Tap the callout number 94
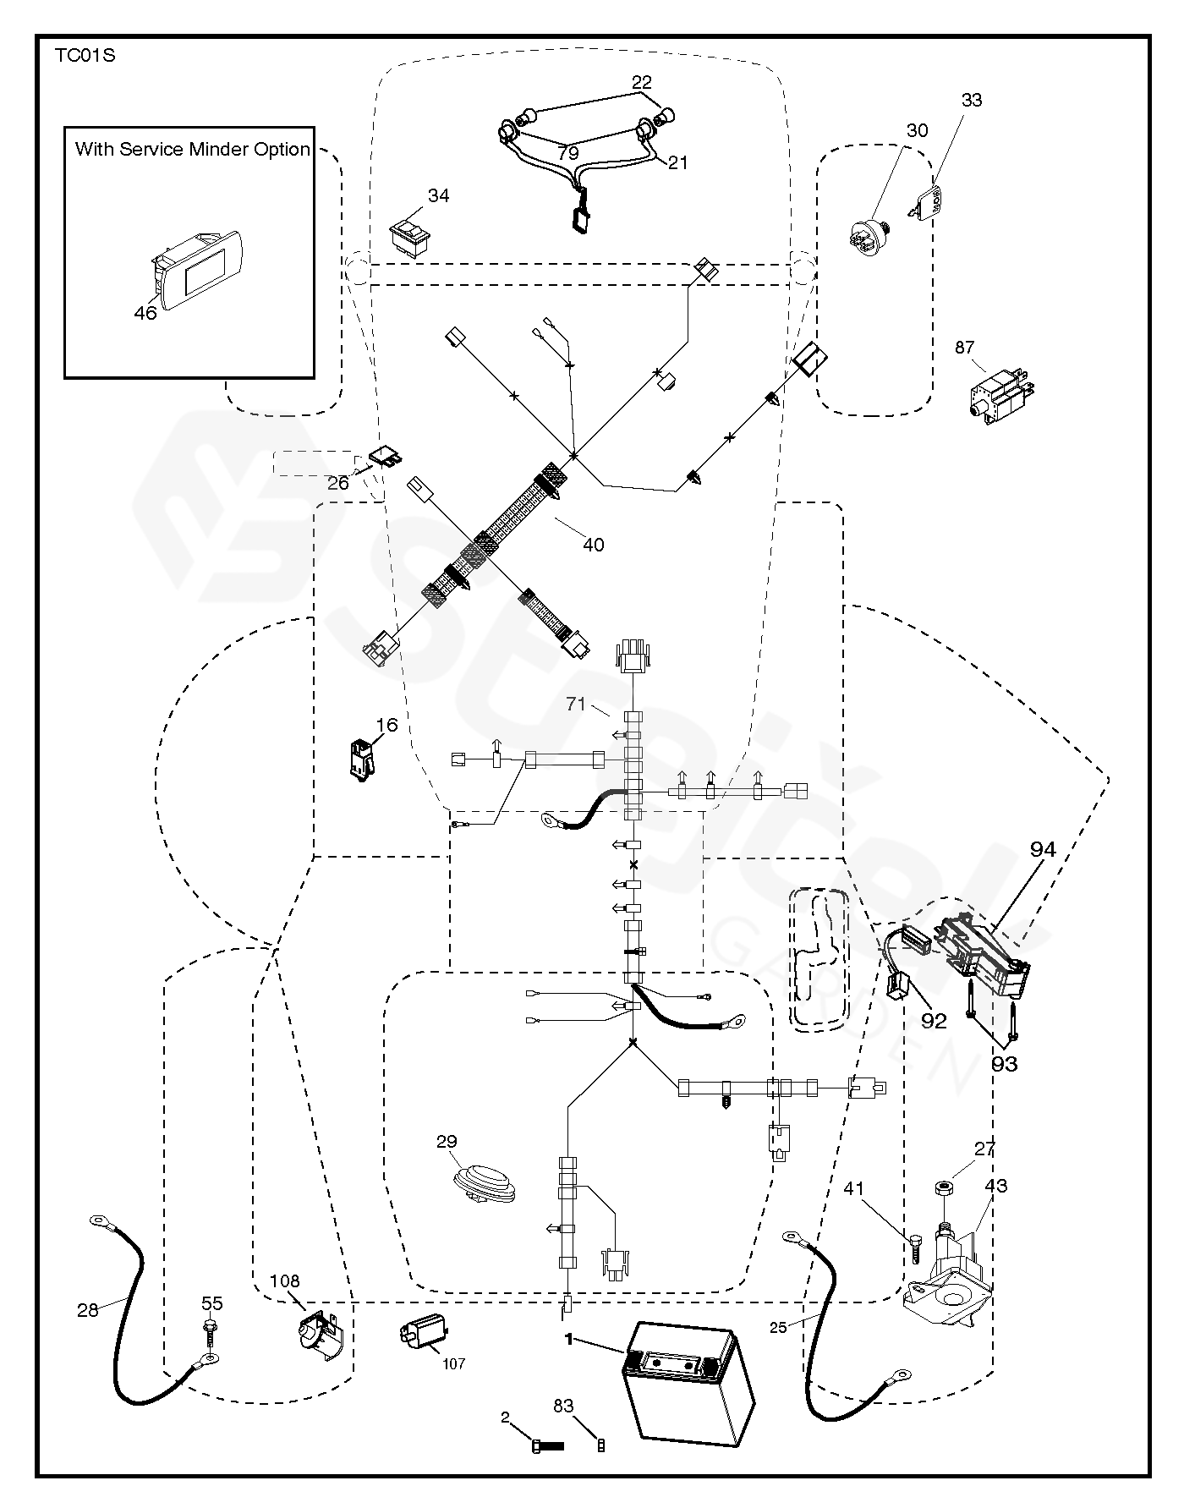pos(1042,849)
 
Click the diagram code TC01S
pos(85,57)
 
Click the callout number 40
pos(594,545)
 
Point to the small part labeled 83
pos(601,1445)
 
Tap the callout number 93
pos(1004,1064)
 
